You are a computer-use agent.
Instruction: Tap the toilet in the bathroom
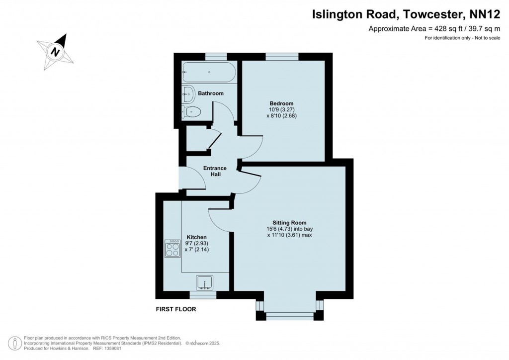click(x=191, y=112)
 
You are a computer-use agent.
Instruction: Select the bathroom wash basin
click(x=187, y=94)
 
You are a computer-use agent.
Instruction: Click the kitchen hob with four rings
click(x=172, y=249)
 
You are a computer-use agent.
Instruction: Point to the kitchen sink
click(x=205, y=282)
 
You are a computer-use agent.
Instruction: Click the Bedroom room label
click(x=281, y=103)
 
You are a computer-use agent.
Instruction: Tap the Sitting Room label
click(x=289, y=223)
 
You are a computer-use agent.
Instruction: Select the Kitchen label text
click(x=197, y=237)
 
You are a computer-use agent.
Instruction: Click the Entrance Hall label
click(x=215, y=171)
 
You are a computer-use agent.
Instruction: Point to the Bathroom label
click(x=211, y=93)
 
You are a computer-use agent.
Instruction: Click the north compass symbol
click(x=56, y=51)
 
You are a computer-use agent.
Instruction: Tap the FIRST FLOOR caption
click(x=176, y=309)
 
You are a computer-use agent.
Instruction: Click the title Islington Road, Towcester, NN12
click(x=406, y=14)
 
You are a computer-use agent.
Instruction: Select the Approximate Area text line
click(x=434, y=28)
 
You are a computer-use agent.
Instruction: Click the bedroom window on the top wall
click(x=282, y=57)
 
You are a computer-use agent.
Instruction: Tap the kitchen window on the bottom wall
click(x=203, y=295)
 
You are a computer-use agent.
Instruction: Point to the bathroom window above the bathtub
click(x=216, y=57)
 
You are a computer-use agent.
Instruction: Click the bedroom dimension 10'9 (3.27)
click(x=281, y=110)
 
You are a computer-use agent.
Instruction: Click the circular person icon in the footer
click(x=14, y=343)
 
